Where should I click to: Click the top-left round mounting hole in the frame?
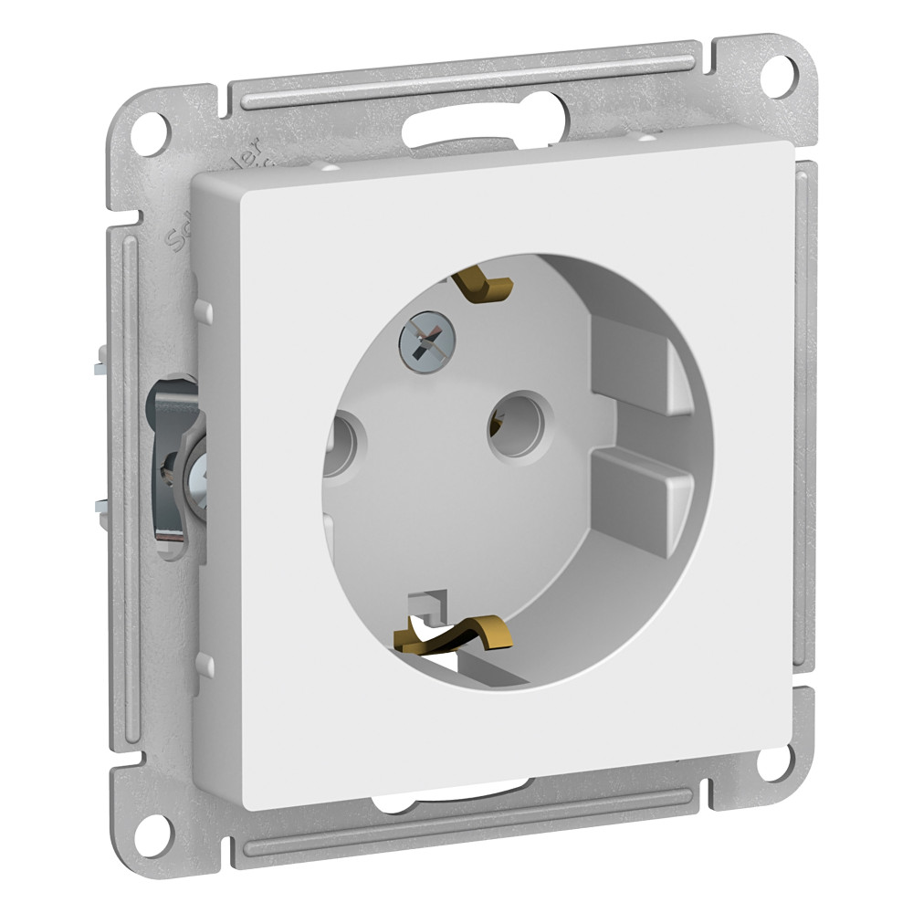(x=149, y=131)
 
